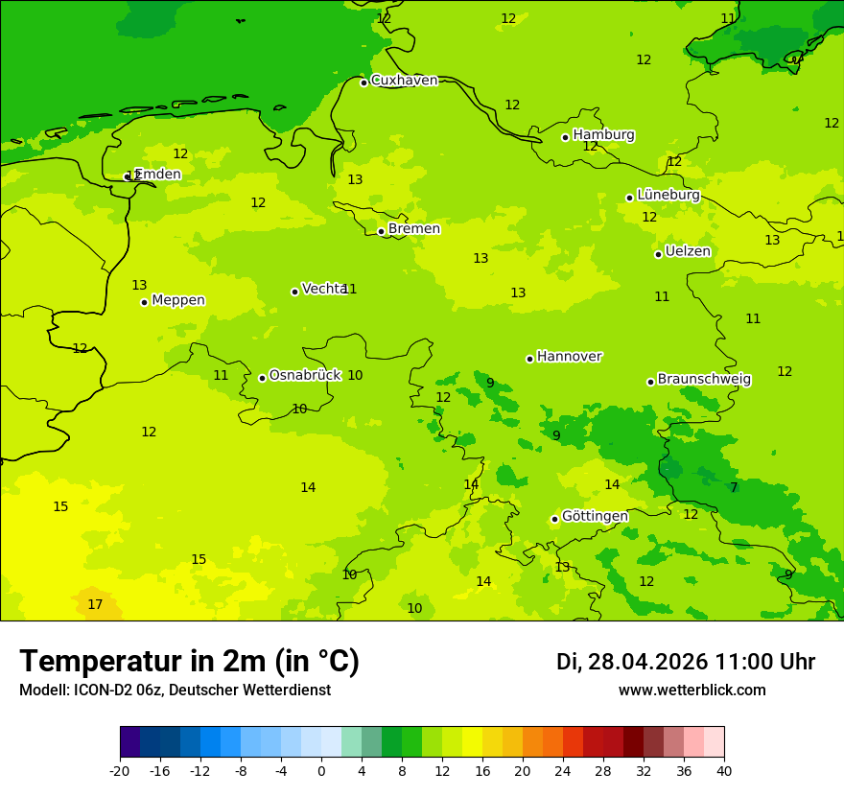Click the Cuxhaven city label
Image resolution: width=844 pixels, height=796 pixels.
point(404,81)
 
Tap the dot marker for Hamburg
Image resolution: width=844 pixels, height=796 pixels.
point(565,137)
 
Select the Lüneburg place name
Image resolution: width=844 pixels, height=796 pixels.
point(668,195)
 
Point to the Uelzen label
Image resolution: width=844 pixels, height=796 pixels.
point(688,251)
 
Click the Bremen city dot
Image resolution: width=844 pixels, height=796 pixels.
point(381,231)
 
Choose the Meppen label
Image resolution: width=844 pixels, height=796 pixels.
point(178,300)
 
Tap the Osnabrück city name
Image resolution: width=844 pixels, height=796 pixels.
point(305,375)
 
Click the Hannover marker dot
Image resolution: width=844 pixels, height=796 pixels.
point(529,359)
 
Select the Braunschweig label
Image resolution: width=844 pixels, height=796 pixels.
point(704,379)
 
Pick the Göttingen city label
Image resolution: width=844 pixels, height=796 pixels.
point(595,516)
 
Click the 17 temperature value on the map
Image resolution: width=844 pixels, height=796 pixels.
point(95,604)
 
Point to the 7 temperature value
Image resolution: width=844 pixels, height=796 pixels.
point(734,487)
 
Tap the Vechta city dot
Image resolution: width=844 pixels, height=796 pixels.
point(294,292)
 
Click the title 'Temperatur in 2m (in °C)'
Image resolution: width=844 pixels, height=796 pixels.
point(189,661)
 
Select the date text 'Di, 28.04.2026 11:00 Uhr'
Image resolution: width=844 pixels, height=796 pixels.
point(685,662)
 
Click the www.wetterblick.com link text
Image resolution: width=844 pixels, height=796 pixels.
point(692,690)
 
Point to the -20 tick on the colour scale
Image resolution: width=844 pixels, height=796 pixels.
point(120,770)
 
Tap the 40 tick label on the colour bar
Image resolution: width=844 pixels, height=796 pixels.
point(724,770)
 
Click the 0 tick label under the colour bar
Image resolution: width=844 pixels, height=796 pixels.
point(321,770)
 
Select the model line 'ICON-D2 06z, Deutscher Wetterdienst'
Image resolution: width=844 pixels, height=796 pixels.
point(175,690)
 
